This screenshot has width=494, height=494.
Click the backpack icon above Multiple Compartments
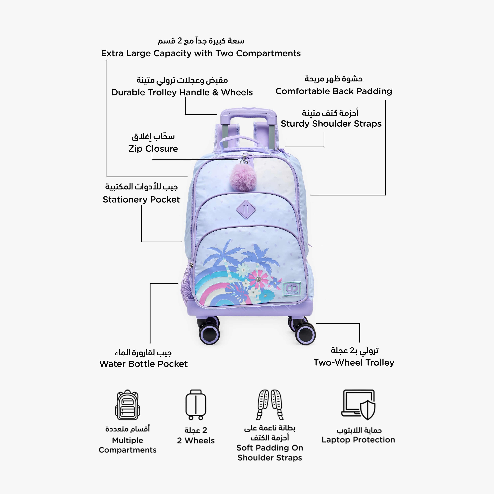click(127, 405)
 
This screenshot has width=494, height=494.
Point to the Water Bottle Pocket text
click(143, 364)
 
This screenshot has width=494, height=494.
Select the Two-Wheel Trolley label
click(354, 363)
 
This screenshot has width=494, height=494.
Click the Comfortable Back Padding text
click(334, 91)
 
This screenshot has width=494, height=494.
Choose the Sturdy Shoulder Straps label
click(331, 124)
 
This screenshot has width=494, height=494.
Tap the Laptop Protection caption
click(358, 440)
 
